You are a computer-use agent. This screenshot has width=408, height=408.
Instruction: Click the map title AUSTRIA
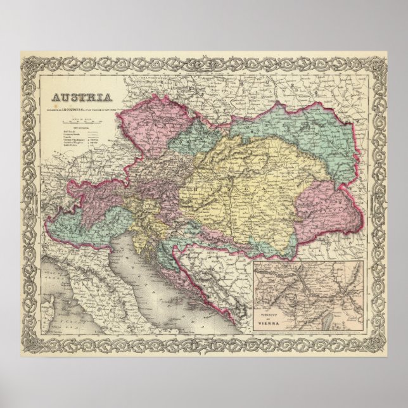tap(82, 98)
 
